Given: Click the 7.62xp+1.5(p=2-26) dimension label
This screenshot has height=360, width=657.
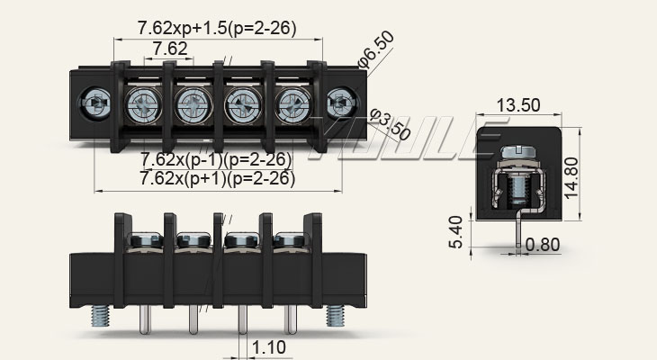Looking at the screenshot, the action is coord(217,28).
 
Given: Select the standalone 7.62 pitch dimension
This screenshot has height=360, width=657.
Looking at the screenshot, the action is coord(170,49).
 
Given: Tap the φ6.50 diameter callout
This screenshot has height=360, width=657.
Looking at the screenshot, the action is coord(376,49).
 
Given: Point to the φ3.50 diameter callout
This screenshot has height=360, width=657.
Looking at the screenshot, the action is coord(390,125).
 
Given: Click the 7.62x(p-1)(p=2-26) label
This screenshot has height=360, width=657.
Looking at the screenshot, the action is coord(216,159).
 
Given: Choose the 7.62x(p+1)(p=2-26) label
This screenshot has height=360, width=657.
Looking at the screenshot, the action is coord(218,178).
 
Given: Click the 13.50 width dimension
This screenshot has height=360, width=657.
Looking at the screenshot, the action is coord(518,105).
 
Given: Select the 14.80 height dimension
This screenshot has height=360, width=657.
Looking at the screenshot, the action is coord(571,177).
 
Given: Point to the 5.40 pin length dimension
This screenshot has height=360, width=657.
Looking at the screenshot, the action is coord(456,232).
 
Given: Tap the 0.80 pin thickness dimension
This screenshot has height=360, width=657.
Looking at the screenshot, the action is coord(543,244).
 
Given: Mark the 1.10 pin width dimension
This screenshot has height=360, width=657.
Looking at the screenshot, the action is coord(269,347).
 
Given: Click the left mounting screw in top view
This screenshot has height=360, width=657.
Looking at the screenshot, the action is coord(94,103).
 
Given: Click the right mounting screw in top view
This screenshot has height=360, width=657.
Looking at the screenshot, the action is coord(342,103).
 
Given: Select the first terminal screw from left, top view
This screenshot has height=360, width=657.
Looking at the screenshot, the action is coord(143,104).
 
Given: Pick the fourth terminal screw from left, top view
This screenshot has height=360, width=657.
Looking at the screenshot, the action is coord(292,104).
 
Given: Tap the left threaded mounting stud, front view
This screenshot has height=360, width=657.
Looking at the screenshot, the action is coord(100,316).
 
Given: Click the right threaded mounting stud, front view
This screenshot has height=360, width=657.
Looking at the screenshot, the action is coord(335,316).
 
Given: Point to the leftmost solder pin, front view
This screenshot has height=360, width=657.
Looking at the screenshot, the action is coord(144,319).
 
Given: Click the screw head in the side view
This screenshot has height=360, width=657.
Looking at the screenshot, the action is coord(517,151).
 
